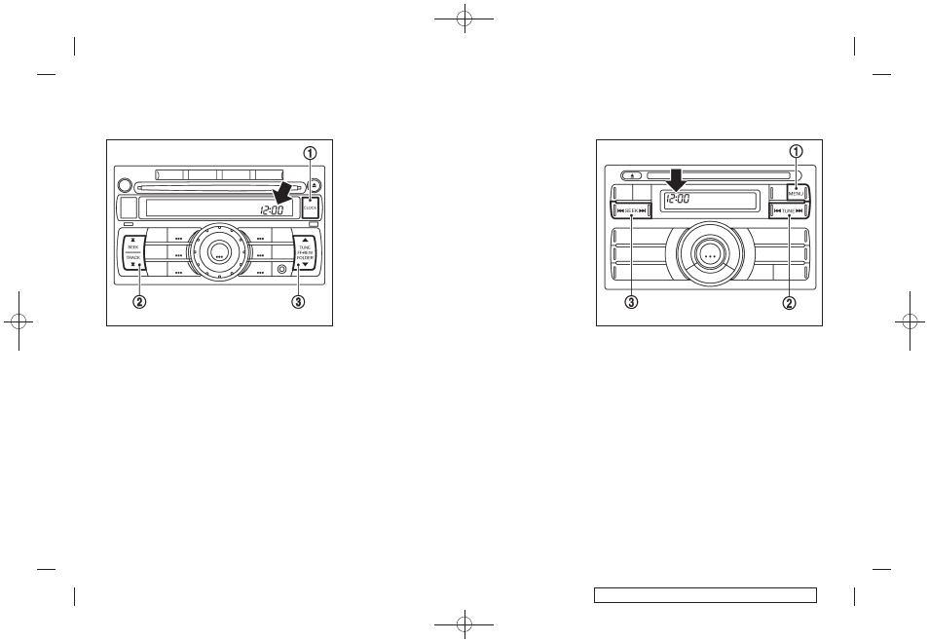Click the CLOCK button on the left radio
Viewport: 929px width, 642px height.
(x=311, y=207)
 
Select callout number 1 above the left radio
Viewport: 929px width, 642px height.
(x=310, y=153)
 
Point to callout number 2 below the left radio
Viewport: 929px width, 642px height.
(x=139, y=301)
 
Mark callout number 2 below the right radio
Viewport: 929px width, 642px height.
(x=789, y=302)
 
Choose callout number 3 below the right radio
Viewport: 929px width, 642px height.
(x=631, y=302)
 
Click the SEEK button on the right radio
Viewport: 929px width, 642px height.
(x=631, y=210)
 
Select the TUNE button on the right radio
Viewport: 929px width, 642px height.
(x=789, y=210)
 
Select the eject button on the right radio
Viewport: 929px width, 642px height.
(x=634, y=177)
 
